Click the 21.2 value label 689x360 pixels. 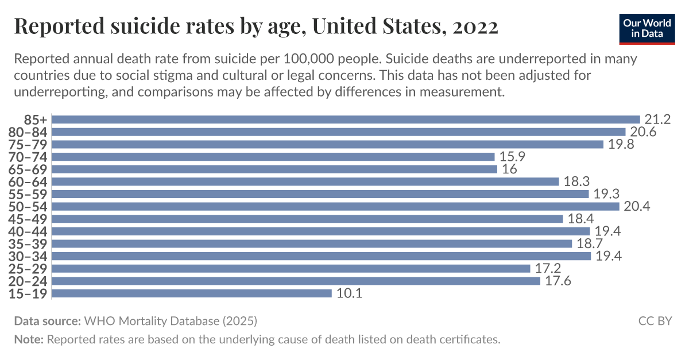pyautogui.click(x=657, y=119)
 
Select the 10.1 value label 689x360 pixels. pyautogui.click(x=349, y=293)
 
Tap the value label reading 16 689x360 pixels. pyautogui.click(x=509, y=169)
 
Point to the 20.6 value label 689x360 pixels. pyautogui.click(x=642, y=132)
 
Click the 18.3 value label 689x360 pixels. pyautogui.click(x=576, y=181)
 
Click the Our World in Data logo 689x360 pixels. pyautogui.click(x=647, y=27)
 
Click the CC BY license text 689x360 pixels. pyautogui.click(x=655, y=320)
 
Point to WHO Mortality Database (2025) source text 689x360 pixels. pyautogui.click(x=171, y=320)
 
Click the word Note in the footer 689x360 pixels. pyautogui.click(x=28, y=339)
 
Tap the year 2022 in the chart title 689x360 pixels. pyautogui.click(x=475, y=26)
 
